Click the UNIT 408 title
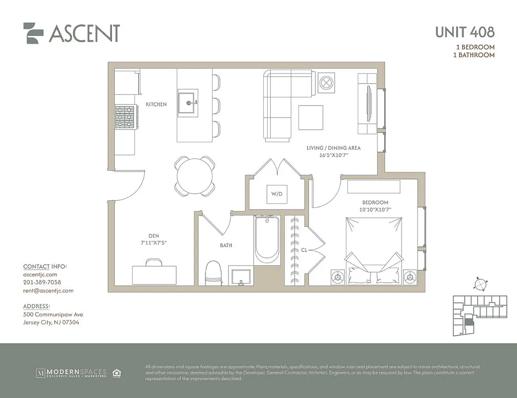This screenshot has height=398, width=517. (465, 32)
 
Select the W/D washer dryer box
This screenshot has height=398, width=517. (277, 194)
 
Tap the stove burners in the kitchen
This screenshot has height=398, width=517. (125, 117)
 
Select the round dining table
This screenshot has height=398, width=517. (195, 176)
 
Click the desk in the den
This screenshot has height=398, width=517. (154, 274)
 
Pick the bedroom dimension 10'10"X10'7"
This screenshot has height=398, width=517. (375, 210)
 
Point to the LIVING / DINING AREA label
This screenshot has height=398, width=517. (333, 148)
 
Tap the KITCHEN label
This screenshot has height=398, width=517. (156, 104)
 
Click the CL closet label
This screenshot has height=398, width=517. (304, 250)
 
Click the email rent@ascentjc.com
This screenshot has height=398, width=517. (48, 291)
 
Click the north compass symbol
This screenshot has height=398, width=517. (481, 285)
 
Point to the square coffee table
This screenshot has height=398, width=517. (310, 117)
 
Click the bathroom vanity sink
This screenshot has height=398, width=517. (241, 276)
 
